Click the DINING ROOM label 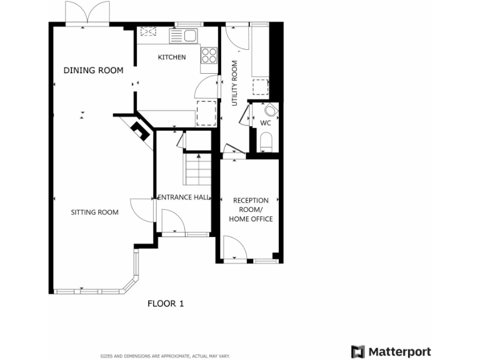click(x=93, y=70)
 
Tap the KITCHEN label click(x=171, y=57)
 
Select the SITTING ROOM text click(x=94, y=212)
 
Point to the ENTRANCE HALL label click(x=184, y=197)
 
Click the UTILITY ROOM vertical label click(x=235, y=83)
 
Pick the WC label click(x=265, y=122)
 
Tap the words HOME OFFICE click(x=251, y=219)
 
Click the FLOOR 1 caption click(x=166, y=304)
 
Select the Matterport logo click(x=391, y=351)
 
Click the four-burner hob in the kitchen click(x=208, y=55)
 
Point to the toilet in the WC click(x=266, y=141)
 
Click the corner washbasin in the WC click(x=271, y=110)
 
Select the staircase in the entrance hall click(x=198, y=169)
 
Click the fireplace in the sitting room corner click(x=140, y=131)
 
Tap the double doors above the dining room click(x=87, y=14)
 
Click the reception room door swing click(x=232, y=248)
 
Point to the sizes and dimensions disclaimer click(x=165, y=356)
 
